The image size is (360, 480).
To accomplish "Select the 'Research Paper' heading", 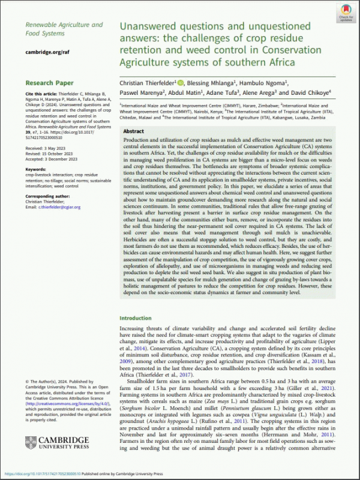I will pyautogui.click(x=50, y=83).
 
